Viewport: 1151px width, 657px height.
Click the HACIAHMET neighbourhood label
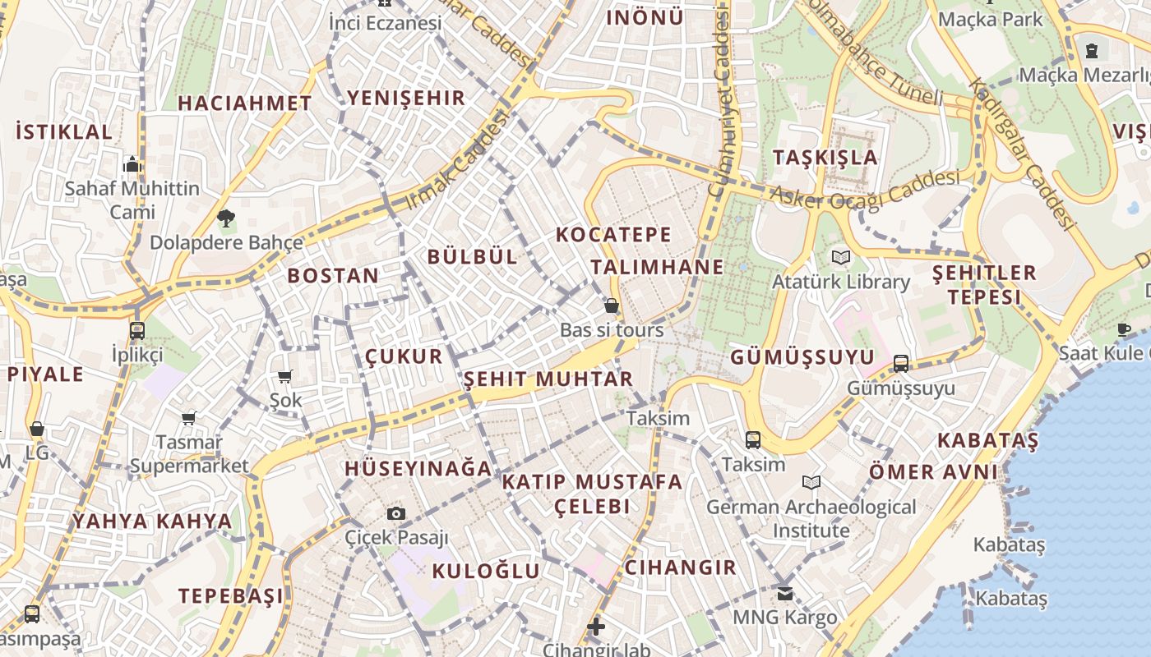[245, 103]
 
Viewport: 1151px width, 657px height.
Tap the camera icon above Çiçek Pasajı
[396, 514]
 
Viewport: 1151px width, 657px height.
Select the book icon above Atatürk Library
[840, 258]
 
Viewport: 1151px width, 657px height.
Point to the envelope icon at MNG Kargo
[785, 592]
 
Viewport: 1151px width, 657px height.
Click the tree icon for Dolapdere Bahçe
[226, 218]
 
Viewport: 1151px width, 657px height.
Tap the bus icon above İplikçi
[137, 331]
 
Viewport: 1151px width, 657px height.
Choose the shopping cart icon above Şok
[285, 377]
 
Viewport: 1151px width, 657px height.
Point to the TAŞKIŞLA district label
[825, 158]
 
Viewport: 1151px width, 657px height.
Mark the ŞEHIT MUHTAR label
[548, 379]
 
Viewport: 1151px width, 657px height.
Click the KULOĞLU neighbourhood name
[486, 572]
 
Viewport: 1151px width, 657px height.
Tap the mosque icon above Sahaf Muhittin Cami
[132, 165]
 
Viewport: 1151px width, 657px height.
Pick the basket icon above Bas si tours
[612, 306]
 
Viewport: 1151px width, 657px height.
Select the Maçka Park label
[990, 19]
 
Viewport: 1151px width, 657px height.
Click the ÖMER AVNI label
[933, 472]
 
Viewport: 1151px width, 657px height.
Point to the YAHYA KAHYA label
[152, 521]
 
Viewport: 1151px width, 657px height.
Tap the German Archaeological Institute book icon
[811, 483]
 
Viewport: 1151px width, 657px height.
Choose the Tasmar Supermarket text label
[189, 454]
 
